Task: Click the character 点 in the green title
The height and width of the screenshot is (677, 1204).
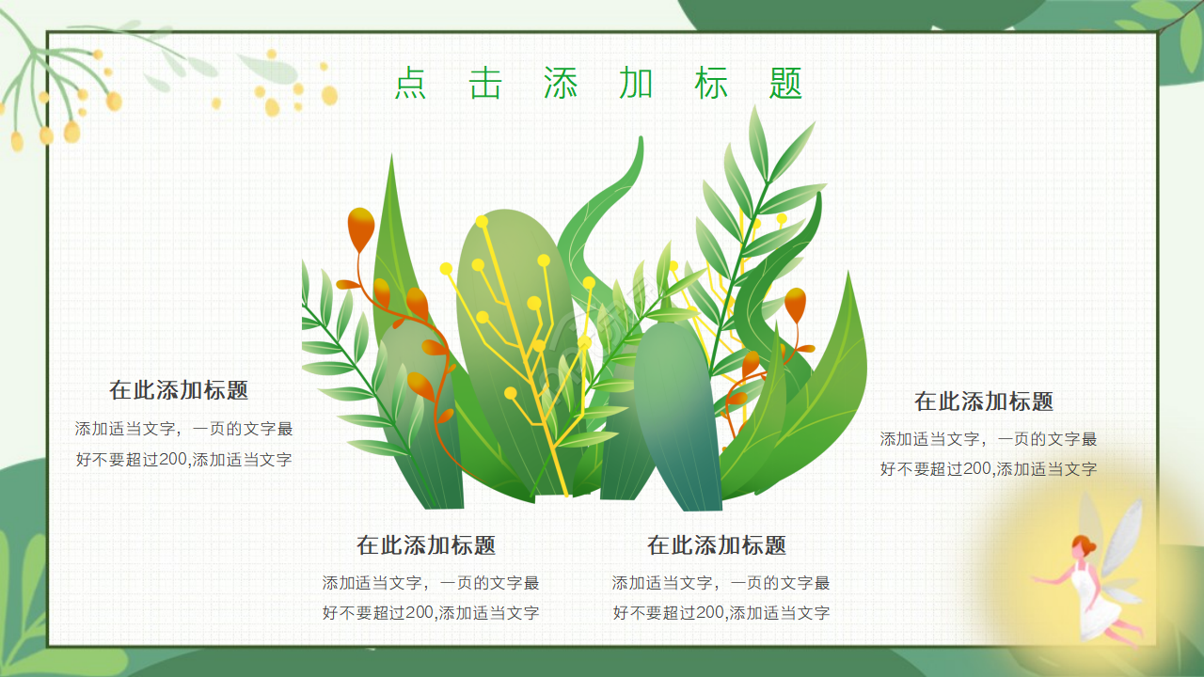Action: [x=410, y=84]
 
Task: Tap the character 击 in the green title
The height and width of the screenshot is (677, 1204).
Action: [x=485, y=84]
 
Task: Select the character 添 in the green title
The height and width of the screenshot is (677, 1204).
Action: [x=561, y=84]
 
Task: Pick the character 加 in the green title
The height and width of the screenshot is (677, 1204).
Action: [x=636, y=84]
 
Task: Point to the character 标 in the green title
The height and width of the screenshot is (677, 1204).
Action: [x=711, y=84]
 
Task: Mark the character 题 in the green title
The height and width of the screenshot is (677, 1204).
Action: [x=785, y=84]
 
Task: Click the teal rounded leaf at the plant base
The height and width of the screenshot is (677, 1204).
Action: [x=677, y=414]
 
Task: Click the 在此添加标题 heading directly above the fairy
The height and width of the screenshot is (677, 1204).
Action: [x=984, y=401]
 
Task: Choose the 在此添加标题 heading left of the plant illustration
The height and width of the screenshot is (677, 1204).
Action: [x=179, y=390]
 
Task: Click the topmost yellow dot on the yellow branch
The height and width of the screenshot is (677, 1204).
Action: [x=482, y=222]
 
